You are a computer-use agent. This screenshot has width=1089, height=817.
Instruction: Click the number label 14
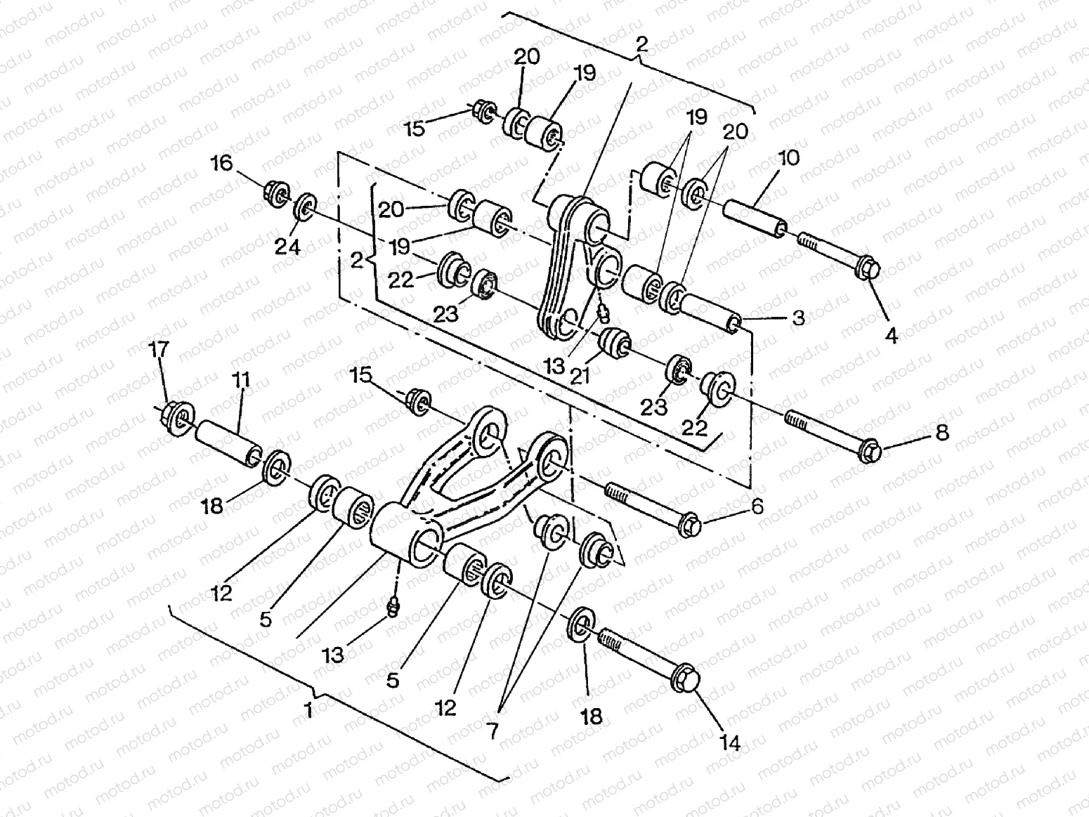pos(731,743)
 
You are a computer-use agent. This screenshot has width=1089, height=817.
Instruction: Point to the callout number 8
pos(941,432)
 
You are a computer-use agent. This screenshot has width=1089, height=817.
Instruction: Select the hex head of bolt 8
pos(870,450)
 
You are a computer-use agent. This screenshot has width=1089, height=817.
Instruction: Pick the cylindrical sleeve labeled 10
pos(755,214)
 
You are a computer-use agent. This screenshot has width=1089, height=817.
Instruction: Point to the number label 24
pos(287,247)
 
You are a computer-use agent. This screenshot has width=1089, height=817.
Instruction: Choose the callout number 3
pos(798,318)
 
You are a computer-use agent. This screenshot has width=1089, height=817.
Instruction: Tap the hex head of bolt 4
pos(868,269)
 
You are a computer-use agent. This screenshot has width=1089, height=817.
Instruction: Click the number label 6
pos(756,506)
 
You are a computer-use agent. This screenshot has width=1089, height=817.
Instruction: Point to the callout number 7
pos(492,731)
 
